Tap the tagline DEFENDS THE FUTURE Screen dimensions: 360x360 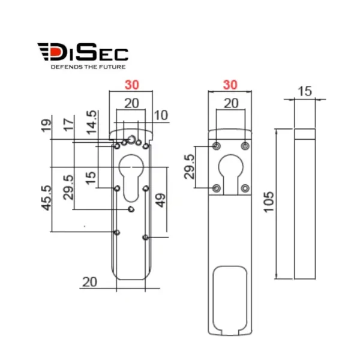[82, 67]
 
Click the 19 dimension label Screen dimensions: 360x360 [47, 126]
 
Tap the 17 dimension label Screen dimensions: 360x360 [69, 126]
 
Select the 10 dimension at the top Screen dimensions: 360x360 [161, 115]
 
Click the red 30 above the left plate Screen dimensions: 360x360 [131, 86]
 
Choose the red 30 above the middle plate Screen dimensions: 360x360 [230, 86]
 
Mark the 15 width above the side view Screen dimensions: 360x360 [304, 91]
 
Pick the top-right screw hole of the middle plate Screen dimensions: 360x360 [245, 146]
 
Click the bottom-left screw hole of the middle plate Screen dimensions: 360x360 [217, 188]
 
